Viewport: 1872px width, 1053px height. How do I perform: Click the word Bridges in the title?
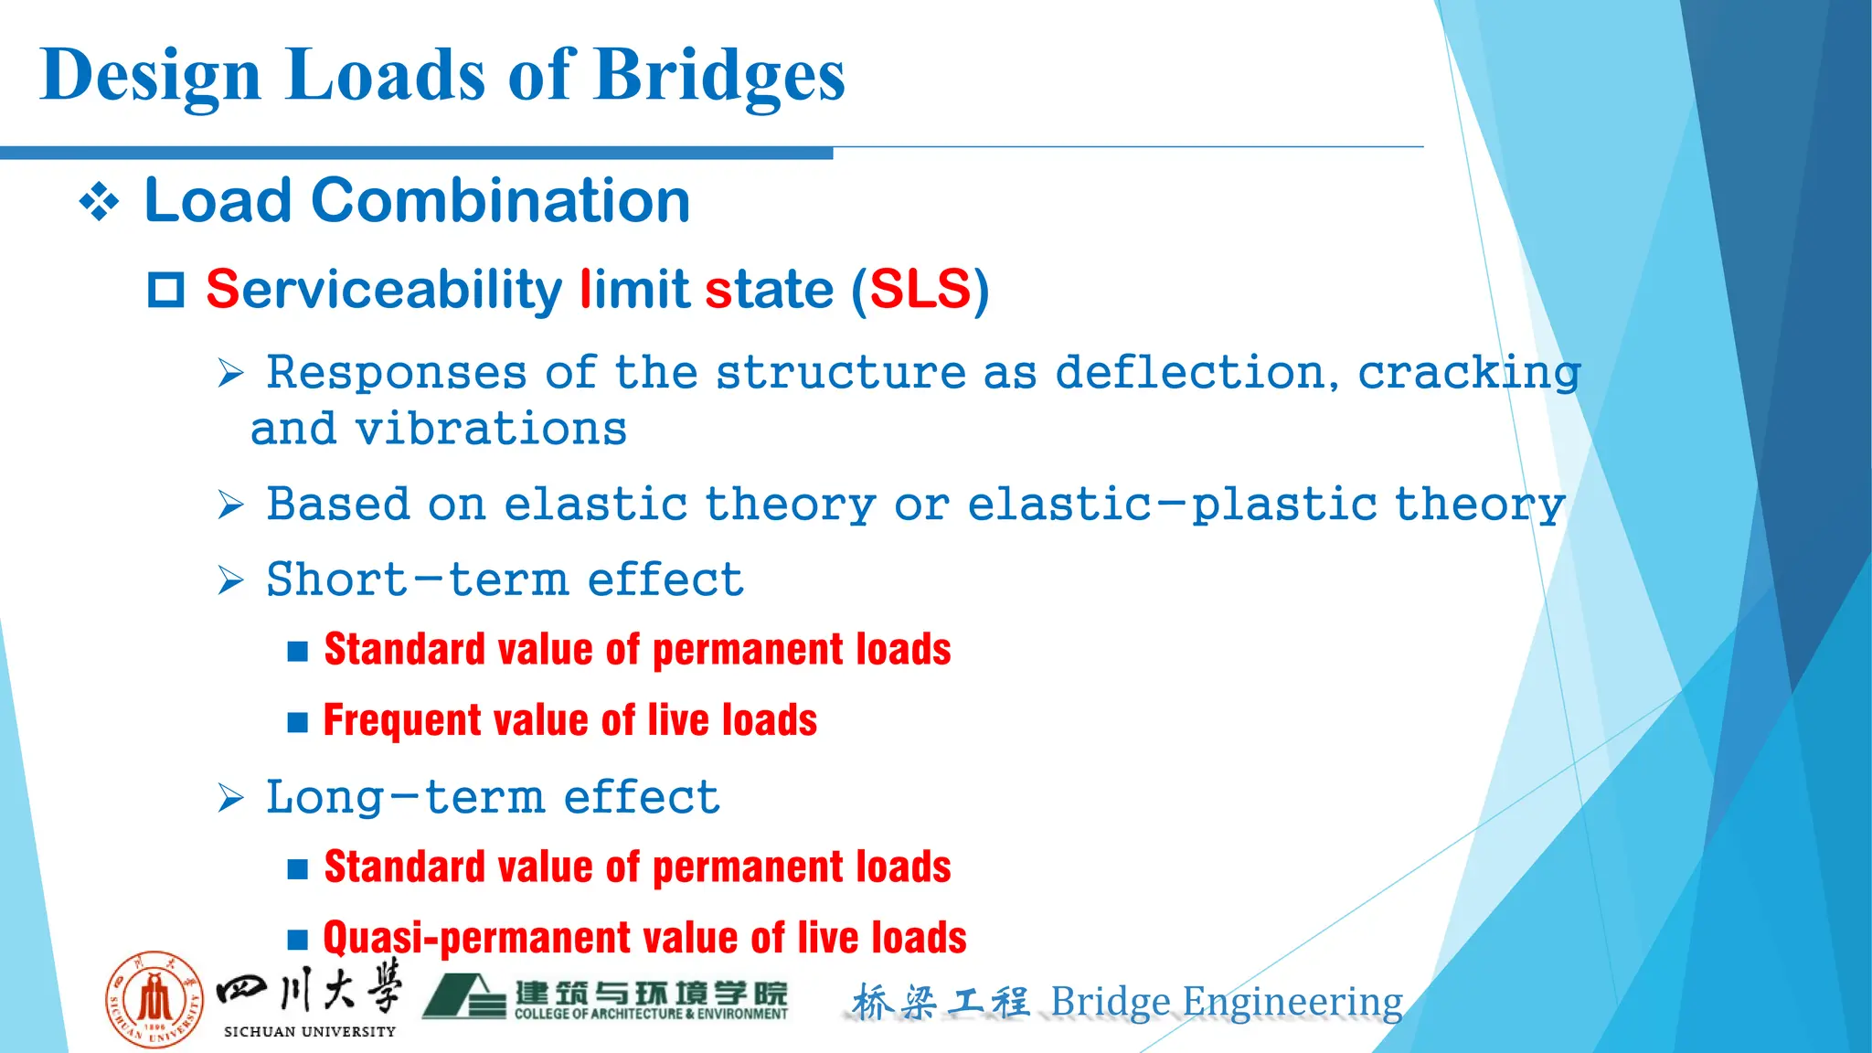719,75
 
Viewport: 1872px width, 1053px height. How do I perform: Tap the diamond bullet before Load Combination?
99,202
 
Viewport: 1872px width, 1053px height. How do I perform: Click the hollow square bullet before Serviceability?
166,291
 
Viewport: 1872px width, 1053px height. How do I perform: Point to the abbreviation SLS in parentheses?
920,290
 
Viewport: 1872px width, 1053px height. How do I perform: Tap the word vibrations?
491,429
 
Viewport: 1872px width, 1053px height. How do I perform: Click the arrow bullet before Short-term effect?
231,580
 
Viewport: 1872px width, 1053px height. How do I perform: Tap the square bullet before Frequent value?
297,723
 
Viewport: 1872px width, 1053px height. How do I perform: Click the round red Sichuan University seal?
154,999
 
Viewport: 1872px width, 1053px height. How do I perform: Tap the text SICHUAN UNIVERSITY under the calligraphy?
310,1032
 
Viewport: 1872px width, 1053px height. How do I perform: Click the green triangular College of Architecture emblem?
463,996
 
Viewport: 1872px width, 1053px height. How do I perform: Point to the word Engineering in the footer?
1292,1003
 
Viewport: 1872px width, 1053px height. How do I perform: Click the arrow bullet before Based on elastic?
231,505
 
